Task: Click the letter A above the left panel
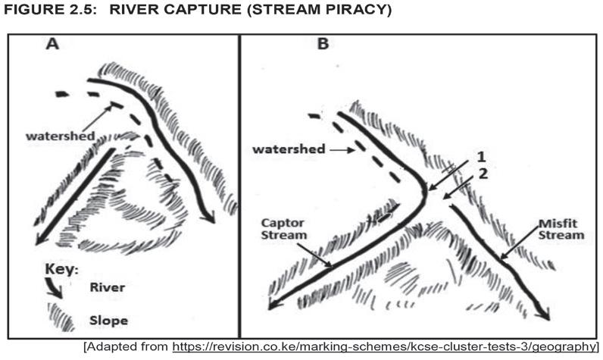[52, 44]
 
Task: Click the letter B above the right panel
[323, 44]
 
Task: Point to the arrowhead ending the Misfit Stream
[542, 313]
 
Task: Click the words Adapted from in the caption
[126, 347]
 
